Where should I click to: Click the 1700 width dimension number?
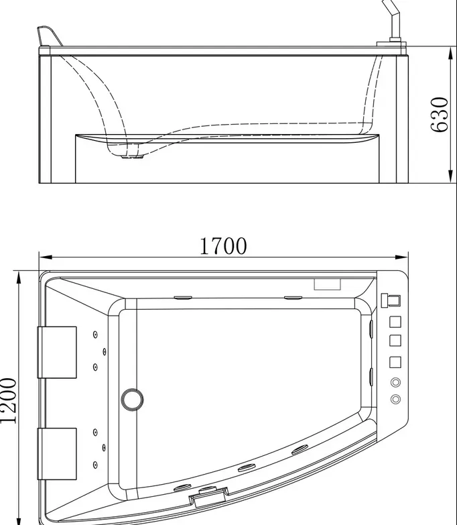223,246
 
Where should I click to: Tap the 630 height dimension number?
440,115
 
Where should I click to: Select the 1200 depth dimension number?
8,401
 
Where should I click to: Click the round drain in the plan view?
132,400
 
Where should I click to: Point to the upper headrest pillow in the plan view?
57,352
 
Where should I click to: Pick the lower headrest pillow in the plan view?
57,454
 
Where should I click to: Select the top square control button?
395,322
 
